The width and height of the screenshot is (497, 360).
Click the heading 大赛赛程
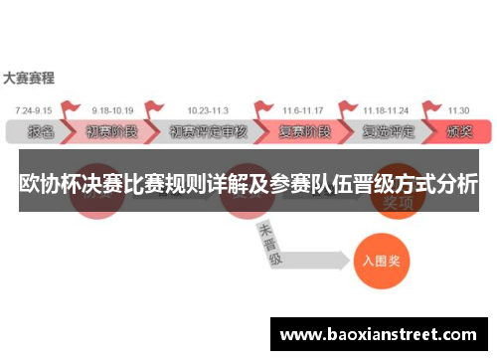click(x=29, y=77)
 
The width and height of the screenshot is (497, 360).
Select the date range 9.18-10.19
click(x=111, y=110)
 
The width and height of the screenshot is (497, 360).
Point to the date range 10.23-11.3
click(x=207, y=110)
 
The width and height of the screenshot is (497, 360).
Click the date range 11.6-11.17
click(x=302, y=110)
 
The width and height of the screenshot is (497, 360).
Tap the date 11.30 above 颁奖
click(x=458, y=110)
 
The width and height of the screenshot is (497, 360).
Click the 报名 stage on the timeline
click(x=40, y=131)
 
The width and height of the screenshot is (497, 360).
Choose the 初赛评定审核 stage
click(x=207, y=131)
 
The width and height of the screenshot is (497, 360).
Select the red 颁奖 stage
click(x=459, y=131)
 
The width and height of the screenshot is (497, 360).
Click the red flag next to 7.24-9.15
click(x=70, y=108)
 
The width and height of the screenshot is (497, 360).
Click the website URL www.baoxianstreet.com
click(x=379, y=334)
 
